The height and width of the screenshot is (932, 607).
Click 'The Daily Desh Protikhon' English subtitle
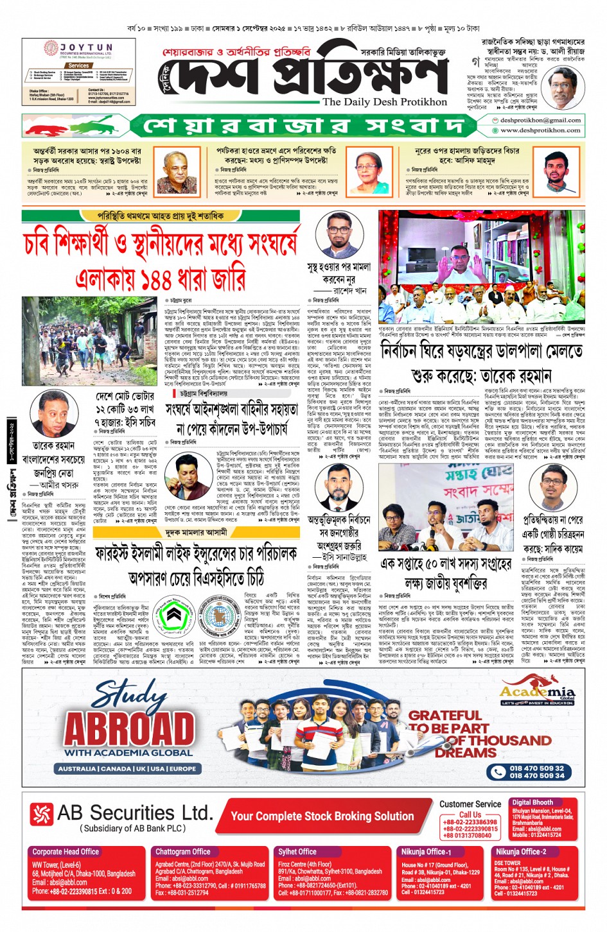(x=384, y=102)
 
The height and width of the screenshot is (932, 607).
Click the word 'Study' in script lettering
(x=128, y=695)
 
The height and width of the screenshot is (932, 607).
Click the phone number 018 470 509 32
(x=536, y=768)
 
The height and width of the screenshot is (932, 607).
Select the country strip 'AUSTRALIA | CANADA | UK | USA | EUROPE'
(x=127, y=768)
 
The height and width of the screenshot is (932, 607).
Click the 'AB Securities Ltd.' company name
(x=134, y=813)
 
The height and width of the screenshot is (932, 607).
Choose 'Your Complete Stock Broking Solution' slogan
(x=322, y=816)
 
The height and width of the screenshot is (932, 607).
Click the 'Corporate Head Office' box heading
(x=66, y=852)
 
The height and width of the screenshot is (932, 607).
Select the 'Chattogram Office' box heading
(x=182, y=852)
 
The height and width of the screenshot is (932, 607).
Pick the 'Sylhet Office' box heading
(x=297, y=852)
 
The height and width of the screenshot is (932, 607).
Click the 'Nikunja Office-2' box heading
(x=520, y=852)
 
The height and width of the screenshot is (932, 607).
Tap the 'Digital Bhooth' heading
(x=532, y=802)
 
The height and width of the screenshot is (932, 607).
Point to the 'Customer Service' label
(x=470, y=804)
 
